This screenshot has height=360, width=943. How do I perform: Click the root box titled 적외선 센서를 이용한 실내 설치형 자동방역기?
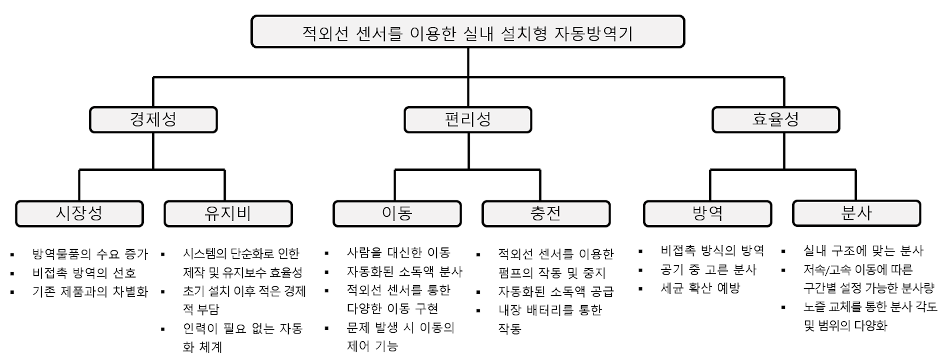(467, 32)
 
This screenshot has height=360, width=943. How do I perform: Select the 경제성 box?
(153, 120)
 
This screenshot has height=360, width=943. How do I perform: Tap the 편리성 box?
(467, 120)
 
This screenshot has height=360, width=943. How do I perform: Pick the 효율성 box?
(776, 120)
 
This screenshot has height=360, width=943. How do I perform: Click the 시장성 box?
(80, 213)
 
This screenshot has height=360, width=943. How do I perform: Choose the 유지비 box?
(228, 213)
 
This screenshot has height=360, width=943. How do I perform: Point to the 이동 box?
(397, 213)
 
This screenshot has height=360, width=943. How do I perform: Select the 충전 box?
(546, 213)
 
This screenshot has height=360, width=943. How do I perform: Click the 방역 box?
(707, 213)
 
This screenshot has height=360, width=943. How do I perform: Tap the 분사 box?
(856, 213)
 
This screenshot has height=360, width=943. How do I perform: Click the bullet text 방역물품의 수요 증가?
(90, 255)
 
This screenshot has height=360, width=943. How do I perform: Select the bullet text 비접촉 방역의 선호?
(84, 273)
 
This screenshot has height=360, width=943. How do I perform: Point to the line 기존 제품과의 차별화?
(90, 292)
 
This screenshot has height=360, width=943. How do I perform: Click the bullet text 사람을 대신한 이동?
(398, 253)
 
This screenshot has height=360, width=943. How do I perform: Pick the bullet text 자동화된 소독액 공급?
(556, 292)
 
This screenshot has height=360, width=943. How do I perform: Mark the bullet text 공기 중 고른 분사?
(708, 270)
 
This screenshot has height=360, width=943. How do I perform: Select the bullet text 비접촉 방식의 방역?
(713, 251)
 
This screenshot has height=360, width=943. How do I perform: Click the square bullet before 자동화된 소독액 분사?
(327, 273)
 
